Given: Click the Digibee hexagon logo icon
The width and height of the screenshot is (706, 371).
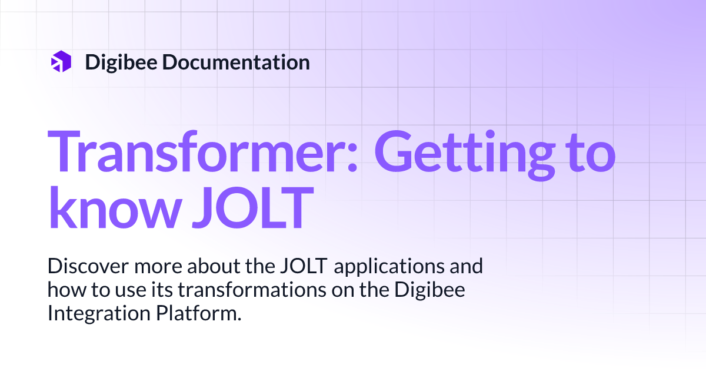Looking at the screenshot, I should [61, 62].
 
